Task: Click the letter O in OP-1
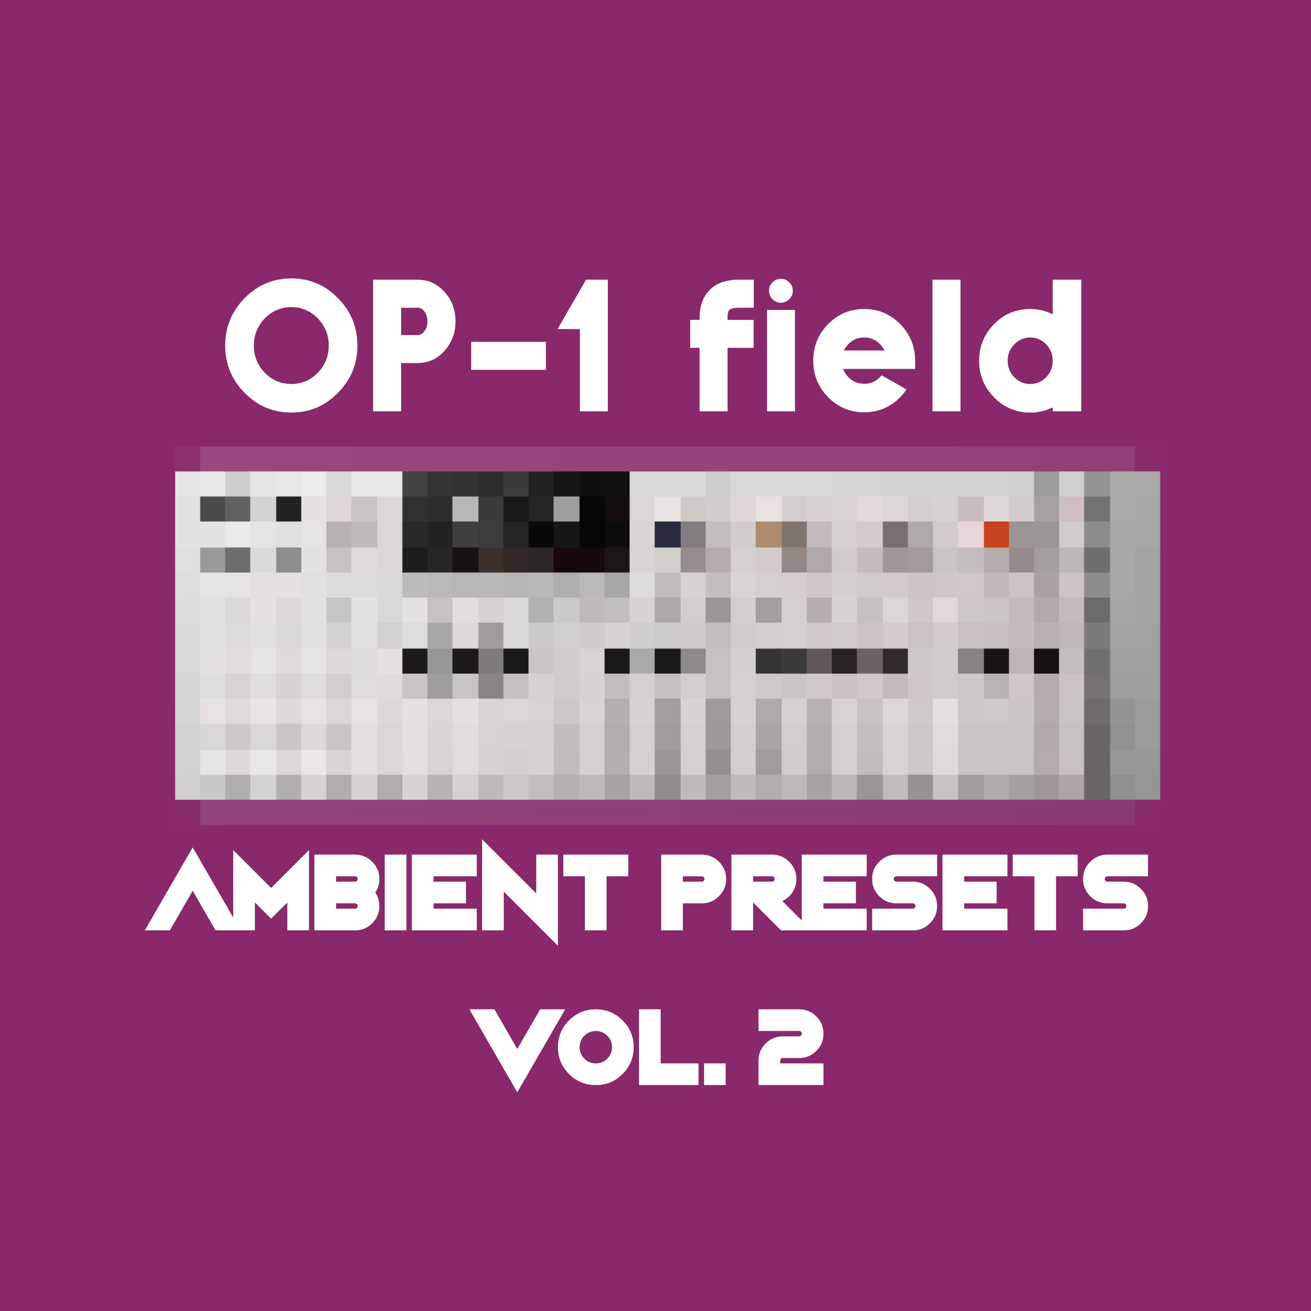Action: pos(291,346)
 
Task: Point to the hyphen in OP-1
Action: pos(508,356)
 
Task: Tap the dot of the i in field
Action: pos(780,291)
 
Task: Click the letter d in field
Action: pos(1032,346)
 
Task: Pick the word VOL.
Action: pos(597,1048)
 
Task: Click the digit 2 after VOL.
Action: pos(791,1048)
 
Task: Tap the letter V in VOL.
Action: pos(517,1048)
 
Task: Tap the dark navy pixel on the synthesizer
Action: pos(667,534)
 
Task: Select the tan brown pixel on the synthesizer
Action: pos(768,534)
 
